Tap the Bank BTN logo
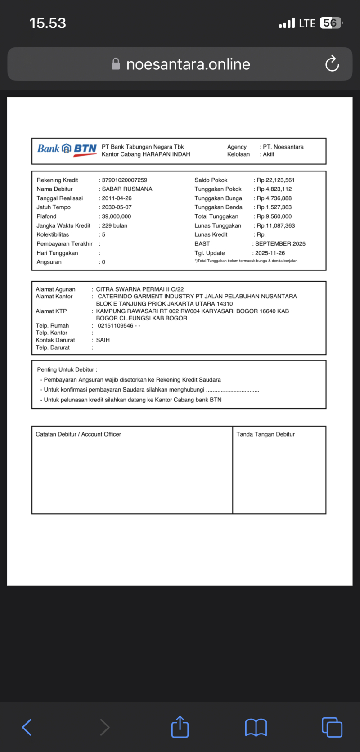pyautogui.click(x=67, y=149)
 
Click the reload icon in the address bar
pyautogui.click(x=332, y=64)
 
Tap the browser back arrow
pyautogui.click(x=27, y=727)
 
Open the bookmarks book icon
pyautogui.click(x=256, y=727)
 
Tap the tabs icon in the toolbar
pyautogui.click(x=332, y=727)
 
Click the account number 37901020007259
pyautogui.click(x=125, y=180)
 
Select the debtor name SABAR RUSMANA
pyautogui.click(x=127, y=189)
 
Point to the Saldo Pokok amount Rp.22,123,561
pyautogui.click(x=275, y=180)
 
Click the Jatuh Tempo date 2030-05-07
pyautogui.click(x=117, y=207)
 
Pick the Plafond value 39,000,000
pyautogui.click(x=117, y=216)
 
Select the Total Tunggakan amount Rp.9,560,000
pyautogui.click(x=274, y=216)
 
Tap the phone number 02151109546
pyautogui.click(x=116, y=326)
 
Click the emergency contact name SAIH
pyautogui.click(x=103, y=340)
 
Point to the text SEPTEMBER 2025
pyautogui.click(x=280, y=244)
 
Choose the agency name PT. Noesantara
pyautogui.click(x=283, y=147)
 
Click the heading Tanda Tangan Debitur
pyautogui.click(x=265, y=434)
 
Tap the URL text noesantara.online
pyautogui.click(x=188, y=64)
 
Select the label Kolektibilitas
pyautogui.click(x=53, y=235)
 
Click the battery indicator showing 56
pyautogui.click(x=331, y=23)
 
